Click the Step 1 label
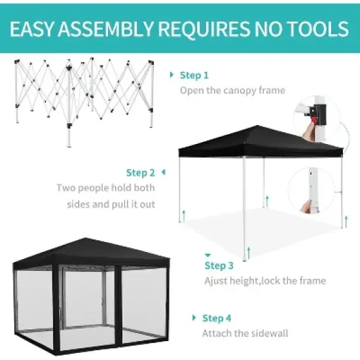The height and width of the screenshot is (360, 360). (x=194, y=75)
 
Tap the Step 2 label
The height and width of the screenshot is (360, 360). (x=141, y=173)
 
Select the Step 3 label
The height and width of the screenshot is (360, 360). (x=219, y=265)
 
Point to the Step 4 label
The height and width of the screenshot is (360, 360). (x=217, y=318)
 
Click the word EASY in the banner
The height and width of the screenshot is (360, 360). (x=39, y=29)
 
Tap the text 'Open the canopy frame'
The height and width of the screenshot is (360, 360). (x=232, y=90)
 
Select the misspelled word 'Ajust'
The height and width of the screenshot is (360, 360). (x=218, y=281)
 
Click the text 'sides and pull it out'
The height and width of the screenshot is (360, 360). (x=111, y=204)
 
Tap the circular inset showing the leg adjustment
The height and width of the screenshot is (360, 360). (x=316, y=190)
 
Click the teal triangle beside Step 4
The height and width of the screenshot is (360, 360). (x=194, y=318)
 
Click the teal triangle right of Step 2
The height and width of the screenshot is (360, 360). (x=163, y=173)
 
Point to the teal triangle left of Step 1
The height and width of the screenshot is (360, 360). (x=171, y=75)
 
